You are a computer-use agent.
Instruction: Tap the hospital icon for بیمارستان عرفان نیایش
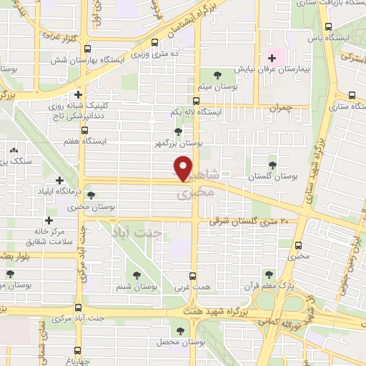[272, 57]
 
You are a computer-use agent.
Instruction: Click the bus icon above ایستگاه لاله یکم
[196, 101]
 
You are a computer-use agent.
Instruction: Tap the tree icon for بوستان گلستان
[272, 164]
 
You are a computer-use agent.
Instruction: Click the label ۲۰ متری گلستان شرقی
[252, 222]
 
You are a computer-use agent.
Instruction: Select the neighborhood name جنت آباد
[145, 232]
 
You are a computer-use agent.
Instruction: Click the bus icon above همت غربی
[192, 276]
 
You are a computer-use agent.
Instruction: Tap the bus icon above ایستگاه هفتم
[84, 130]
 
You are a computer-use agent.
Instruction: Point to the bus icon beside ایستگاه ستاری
[353, 96]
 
